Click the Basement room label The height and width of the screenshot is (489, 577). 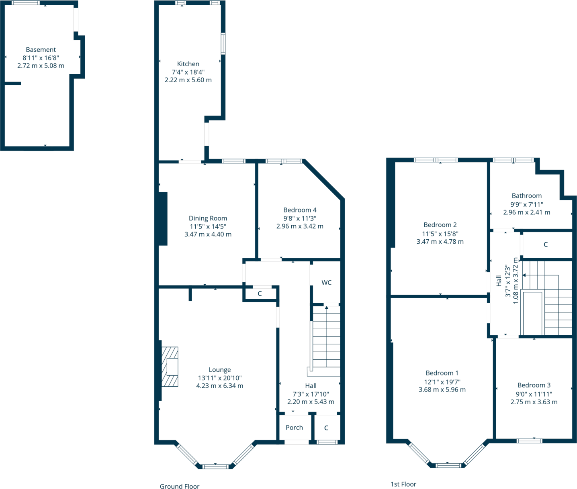(41, 50)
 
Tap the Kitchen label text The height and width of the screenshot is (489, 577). (188, 64)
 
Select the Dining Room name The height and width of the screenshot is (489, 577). (208, 218)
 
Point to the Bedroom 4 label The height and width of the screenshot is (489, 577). (300, 210)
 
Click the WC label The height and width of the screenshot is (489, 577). (326, 283)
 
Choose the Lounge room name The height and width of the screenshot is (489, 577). (220, 370)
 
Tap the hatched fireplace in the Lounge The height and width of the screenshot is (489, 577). (170, 367)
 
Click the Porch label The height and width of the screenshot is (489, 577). (294, 428)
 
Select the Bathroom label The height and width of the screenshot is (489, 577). (526, 196)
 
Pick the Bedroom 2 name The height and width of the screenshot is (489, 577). (440, 225)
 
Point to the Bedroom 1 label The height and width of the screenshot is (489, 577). (442, 373)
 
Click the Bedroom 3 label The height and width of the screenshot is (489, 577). (534, 385)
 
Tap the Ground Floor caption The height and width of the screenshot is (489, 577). (180, 486)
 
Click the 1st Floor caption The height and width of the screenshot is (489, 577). (403, 484)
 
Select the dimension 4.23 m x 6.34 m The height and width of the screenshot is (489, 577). (220, 386)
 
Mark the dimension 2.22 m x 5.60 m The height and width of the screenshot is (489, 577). (188, 80)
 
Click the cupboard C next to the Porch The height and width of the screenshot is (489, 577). (326, 428)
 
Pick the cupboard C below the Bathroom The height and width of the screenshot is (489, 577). (545, 244)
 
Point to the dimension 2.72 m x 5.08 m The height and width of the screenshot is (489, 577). (41, 65)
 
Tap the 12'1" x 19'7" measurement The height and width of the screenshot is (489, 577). (442, 382)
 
